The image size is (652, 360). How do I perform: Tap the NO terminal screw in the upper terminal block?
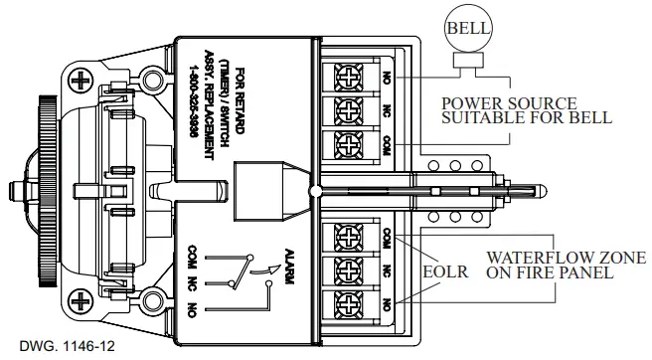[349, 75]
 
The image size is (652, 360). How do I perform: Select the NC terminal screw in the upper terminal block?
[349, 107]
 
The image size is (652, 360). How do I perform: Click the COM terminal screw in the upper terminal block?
[349, 140]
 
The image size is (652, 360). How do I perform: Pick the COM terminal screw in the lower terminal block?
[349, 237]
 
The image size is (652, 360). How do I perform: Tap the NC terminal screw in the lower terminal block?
[349, 270]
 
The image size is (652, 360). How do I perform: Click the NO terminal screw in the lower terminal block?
[349, 302]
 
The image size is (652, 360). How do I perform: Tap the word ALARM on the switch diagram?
[288, 268]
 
